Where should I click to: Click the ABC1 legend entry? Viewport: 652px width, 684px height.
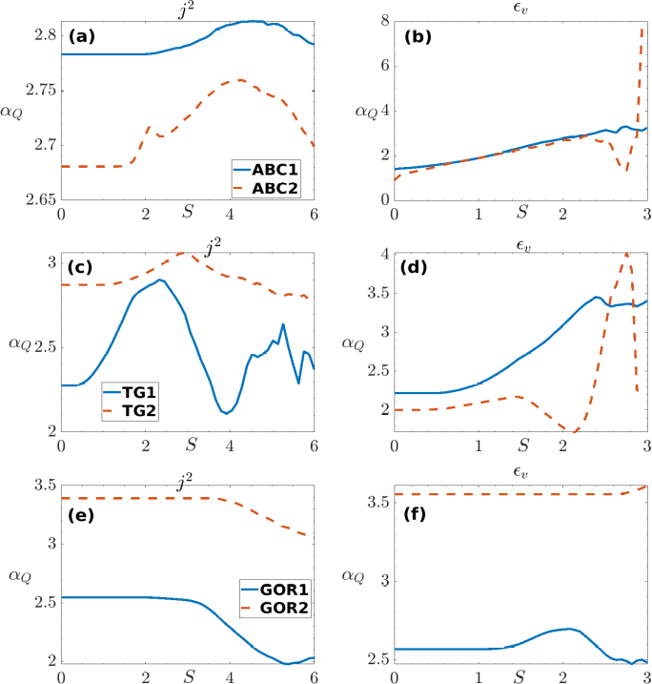point(275,170)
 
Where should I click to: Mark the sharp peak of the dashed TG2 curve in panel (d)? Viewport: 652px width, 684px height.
point(626,254)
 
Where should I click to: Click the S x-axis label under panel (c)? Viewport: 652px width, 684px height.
point(192,444)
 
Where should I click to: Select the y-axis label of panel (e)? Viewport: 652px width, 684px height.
point(19,574)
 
